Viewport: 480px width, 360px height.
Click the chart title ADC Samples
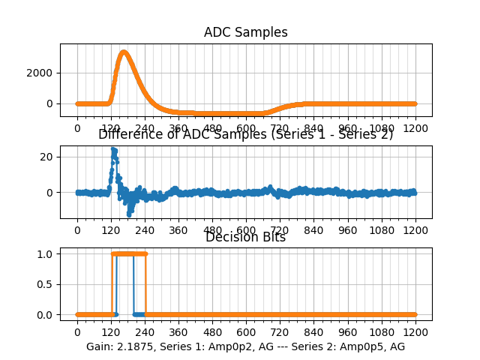245,32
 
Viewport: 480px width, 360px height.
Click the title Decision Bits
245,237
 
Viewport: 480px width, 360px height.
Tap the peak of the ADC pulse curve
124,52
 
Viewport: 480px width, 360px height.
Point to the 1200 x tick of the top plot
415,128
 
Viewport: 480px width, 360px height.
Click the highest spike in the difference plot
113,149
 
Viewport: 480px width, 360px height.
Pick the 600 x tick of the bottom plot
246,332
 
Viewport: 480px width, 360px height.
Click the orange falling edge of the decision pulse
145,284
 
